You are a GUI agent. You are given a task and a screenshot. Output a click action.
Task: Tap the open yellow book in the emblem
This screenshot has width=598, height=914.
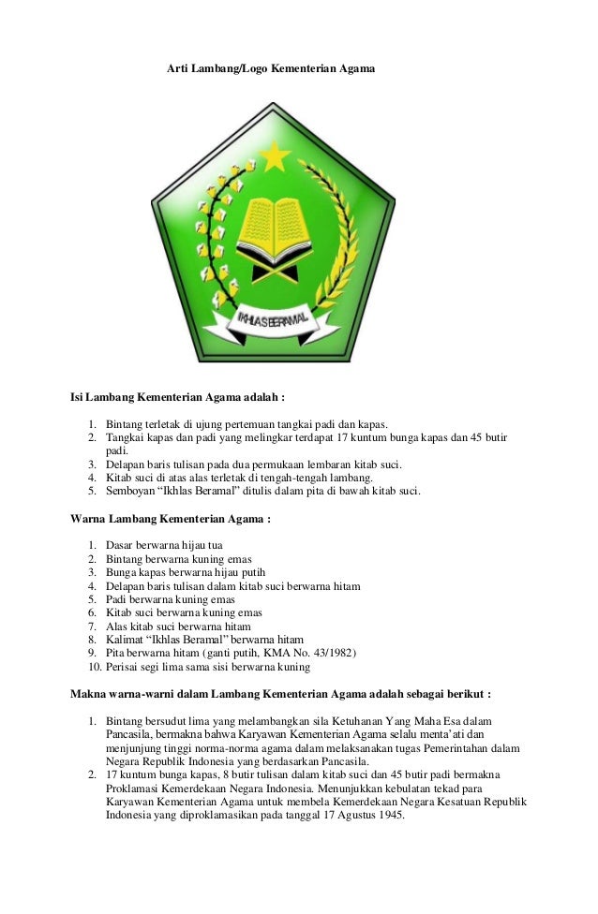[x=273, y=225]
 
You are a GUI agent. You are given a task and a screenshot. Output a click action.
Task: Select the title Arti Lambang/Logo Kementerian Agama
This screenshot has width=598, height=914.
[x=271, y=69]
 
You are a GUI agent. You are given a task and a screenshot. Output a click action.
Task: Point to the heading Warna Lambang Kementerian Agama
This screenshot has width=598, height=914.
[x=171, y=518]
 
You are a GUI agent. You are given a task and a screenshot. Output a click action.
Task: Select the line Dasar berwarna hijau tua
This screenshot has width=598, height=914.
[x=164, y=545]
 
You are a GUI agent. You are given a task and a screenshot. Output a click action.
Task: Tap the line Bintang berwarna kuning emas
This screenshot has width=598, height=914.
[x=171, y=559]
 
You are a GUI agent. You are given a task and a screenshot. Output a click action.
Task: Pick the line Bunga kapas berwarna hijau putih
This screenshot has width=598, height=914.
[x=186, y=572]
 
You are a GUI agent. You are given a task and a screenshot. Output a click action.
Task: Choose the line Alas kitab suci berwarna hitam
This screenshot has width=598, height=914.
[x=178, y=626]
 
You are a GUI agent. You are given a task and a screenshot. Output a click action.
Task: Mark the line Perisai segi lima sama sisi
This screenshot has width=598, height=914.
[x=207, y=667]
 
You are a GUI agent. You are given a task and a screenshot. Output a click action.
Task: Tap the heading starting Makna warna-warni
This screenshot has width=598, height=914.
[x=280, y=694]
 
